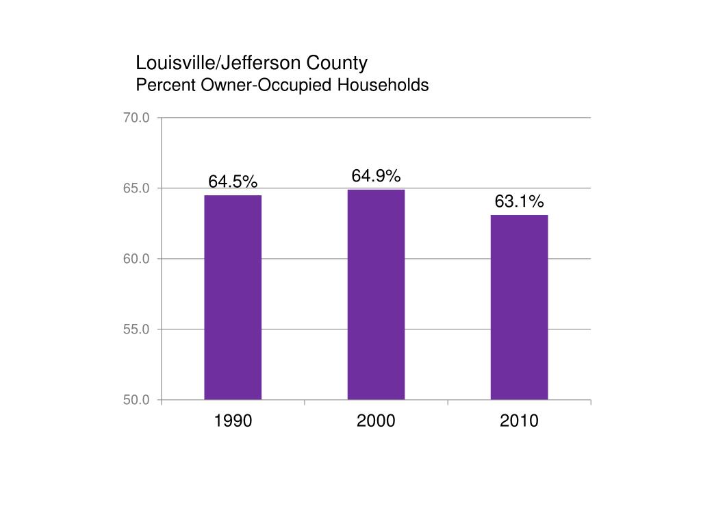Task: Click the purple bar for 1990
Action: pos(233,297)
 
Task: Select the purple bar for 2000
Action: pos(376,295)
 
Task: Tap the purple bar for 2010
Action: pos(519,307)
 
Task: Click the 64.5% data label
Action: pos(233,181)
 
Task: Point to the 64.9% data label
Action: pos(376,176)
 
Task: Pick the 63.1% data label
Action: pos(519,201)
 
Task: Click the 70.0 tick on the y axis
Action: pos(136,118)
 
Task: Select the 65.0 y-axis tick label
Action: pos(136,189)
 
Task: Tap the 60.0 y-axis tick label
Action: pos(136,260)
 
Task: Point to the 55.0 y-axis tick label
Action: pos(136,330)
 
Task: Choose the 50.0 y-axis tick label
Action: pos(136,401)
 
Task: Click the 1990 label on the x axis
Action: pos(233,421)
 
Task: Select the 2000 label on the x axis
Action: pos(376,421)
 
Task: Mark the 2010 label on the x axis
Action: pos(519,421)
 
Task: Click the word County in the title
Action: pos(336,64)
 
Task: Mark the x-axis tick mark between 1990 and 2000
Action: pos(305,403)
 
